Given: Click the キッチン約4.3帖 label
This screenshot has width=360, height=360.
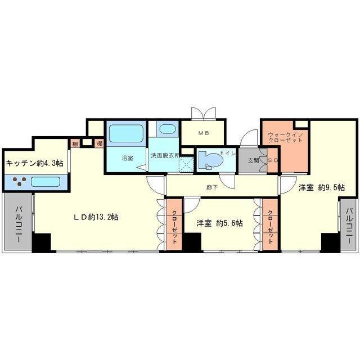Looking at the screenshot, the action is tap(34, 163).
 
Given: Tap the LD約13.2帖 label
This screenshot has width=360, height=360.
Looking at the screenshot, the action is tap(96, 217).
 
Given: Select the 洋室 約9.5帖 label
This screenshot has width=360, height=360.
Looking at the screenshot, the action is tap(321, 187).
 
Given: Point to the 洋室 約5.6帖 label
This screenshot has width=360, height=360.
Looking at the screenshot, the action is tap(220, 223).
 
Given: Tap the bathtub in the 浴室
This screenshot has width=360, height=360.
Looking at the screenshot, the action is tap(126, 134).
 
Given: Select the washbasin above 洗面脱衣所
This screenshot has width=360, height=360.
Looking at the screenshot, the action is tap(168, 129).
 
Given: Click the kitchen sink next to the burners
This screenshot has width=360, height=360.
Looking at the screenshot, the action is tap(46, 181).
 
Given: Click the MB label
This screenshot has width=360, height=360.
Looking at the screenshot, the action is tap(204, 133).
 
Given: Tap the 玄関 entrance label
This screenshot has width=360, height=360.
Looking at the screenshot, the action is tap(253, 160).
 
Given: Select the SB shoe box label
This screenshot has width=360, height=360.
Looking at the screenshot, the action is tap(273, 160).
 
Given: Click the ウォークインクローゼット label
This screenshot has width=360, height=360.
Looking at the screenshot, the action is tap(285, 137).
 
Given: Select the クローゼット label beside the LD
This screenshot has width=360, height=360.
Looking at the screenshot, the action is tap(174, 227).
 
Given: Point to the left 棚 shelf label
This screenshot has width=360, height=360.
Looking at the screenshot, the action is tap(75, 144).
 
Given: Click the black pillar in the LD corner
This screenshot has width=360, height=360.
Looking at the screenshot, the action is tap(41, 242).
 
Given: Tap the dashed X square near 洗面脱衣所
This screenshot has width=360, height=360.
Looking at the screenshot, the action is tap(186, 164).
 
